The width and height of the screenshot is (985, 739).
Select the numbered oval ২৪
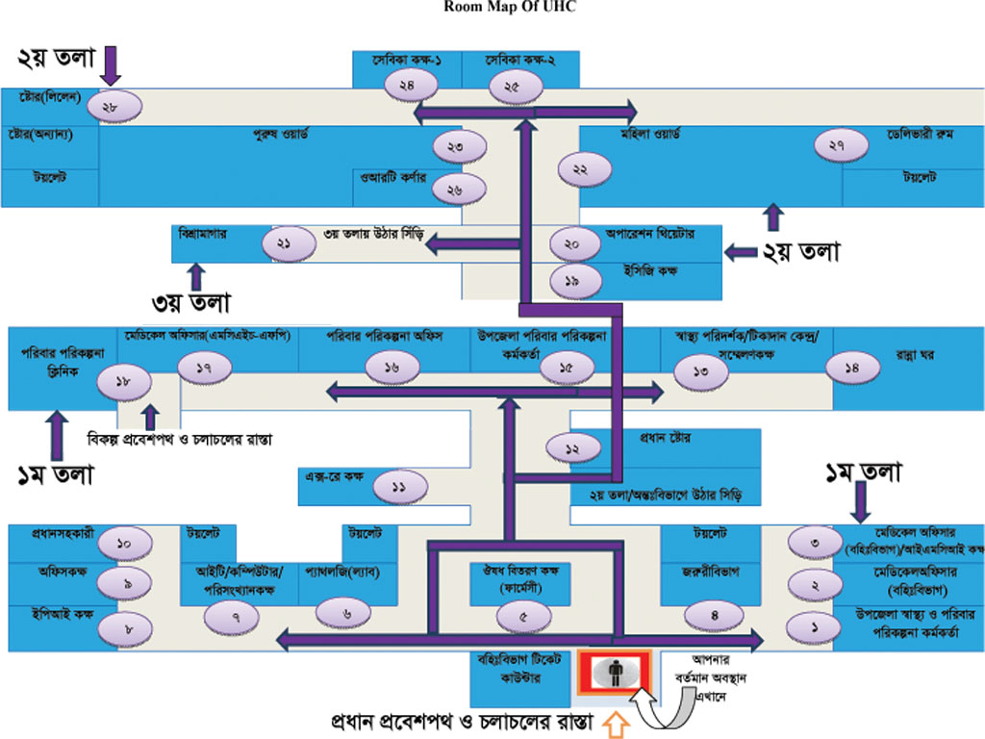pos(407,86)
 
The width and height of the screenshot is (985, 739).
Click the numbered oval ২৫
pos(511,87)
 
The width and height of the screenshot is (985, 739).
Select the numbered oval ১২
pos(575,448)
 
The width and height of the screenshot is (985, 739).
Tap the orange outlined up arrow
pos(615,724)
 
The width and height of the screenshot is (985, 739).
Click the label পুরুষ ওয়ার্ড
pos(279,135)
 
